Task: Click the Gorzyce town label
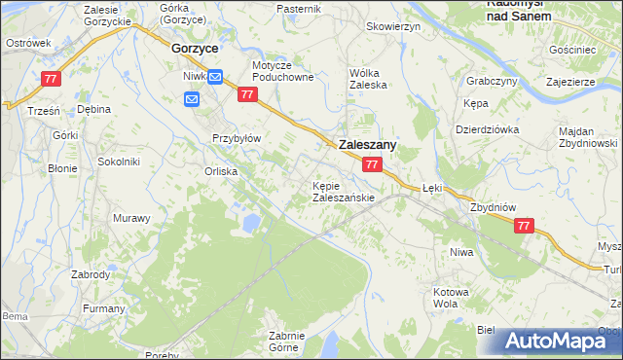coord(194,47)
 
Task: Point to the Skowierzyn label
coord(393,27)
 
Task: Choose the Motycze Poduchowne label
coord(282,72)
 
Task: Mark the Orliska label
coord(221,171)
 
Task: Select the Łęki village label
coord(433,191)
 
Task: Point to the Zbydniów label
coord(490,207)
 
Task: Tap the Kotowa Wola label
coord(451,297)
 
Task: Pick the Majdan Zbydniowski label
coord(589,137)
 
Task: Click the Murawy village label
coord(130,218)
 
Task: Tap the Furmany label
coord(103,308)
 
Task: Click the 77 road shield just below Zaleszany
coord(372,166)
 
